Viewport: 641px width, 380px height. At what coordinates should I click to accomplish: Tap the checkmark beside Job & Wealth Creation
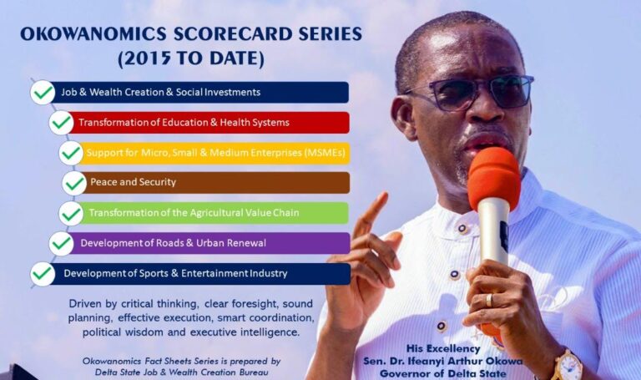[43, 92]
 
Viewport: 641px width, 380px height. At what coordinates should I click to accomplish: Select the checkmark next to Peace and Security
[75, 183]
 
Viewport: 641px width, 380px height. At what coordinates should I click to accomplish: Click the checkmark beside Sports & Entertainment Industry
[43, 273]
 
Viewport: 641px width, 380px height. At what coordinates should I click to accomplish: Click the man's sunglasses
[467, 93]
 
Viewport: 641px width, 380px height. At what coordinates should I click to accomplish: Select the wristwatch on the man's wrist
[568, 365]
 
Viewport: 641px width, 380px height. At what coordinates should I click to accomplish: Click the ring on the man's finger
[489, 300]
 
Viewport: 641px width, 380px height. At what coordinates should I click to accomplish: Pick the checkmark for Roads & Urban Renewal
[61, 243]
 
